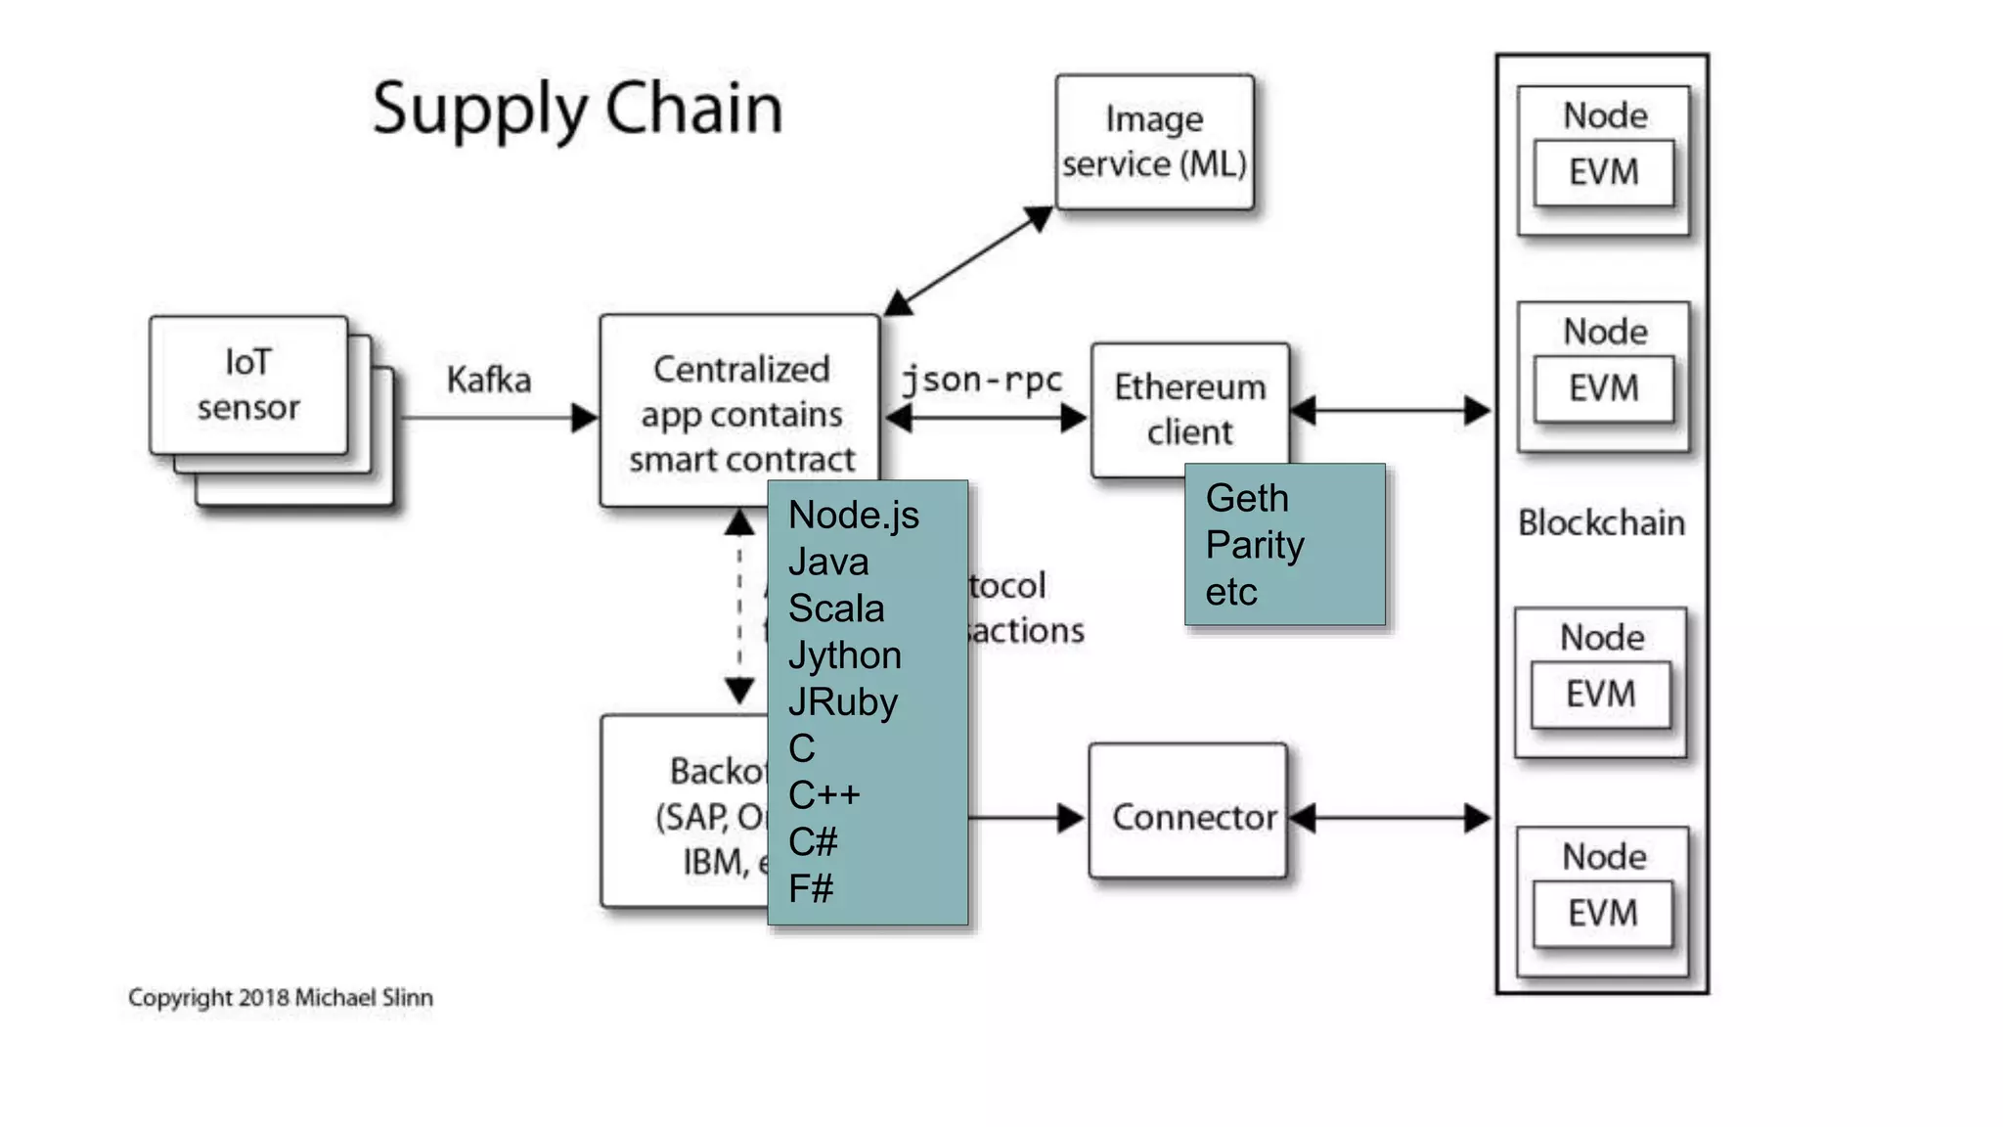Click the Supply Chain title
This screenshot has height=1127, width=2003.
click(577, 108)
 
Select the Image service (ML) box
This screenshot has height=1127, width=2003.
click(1154, 142)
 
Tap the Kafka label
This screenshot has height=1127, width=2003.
click(488, 380)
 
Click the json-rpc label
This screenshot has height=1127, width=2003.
click(981, 380)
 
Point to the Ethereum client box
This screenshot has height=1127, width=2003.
click(1189, 409)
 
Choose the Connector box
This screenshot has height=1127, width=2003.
click(1188, 811)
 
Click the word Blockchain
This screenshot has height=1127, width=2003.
click(1601, 523)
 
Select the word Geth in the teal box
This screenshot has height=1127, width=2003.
click(1247, 498)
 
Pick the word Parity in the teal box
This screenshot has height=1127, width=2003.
click(1255, 545)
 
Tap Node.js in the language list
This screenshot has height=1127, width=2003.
click(853, 515)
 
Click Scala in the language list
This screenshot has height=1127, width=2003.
click(836, 609)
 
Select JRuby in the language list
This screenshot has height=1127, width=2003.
click(842, 702)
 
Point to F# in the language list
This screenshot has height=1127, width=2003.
click(811, 888)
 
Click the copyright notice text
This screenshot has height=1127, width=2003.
click(281, 998)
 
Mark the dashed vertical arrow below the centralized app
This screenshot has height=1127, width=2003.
click(739, 607)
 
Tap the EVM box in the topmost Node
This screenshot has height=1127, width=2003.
click(1603, 173)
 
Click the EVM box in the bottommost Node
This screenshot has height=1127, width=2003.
click(1602, 914)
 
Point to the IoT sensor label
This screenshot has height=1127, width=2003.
click(248, 384)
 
